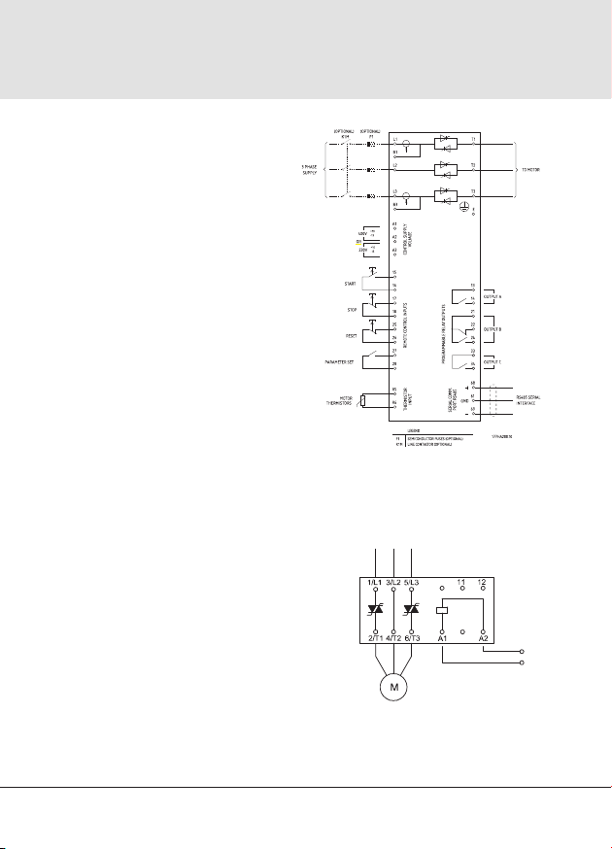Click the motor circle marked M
[394, 689]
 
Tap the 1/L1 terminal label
[375, 582]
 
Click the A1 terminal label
[443, 637]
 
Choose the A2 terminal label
[484, 637]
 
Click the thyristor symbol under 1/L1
[375, 609]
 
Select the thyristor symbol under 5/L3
[415, 609]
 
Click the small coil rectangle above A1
[443, 609]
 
